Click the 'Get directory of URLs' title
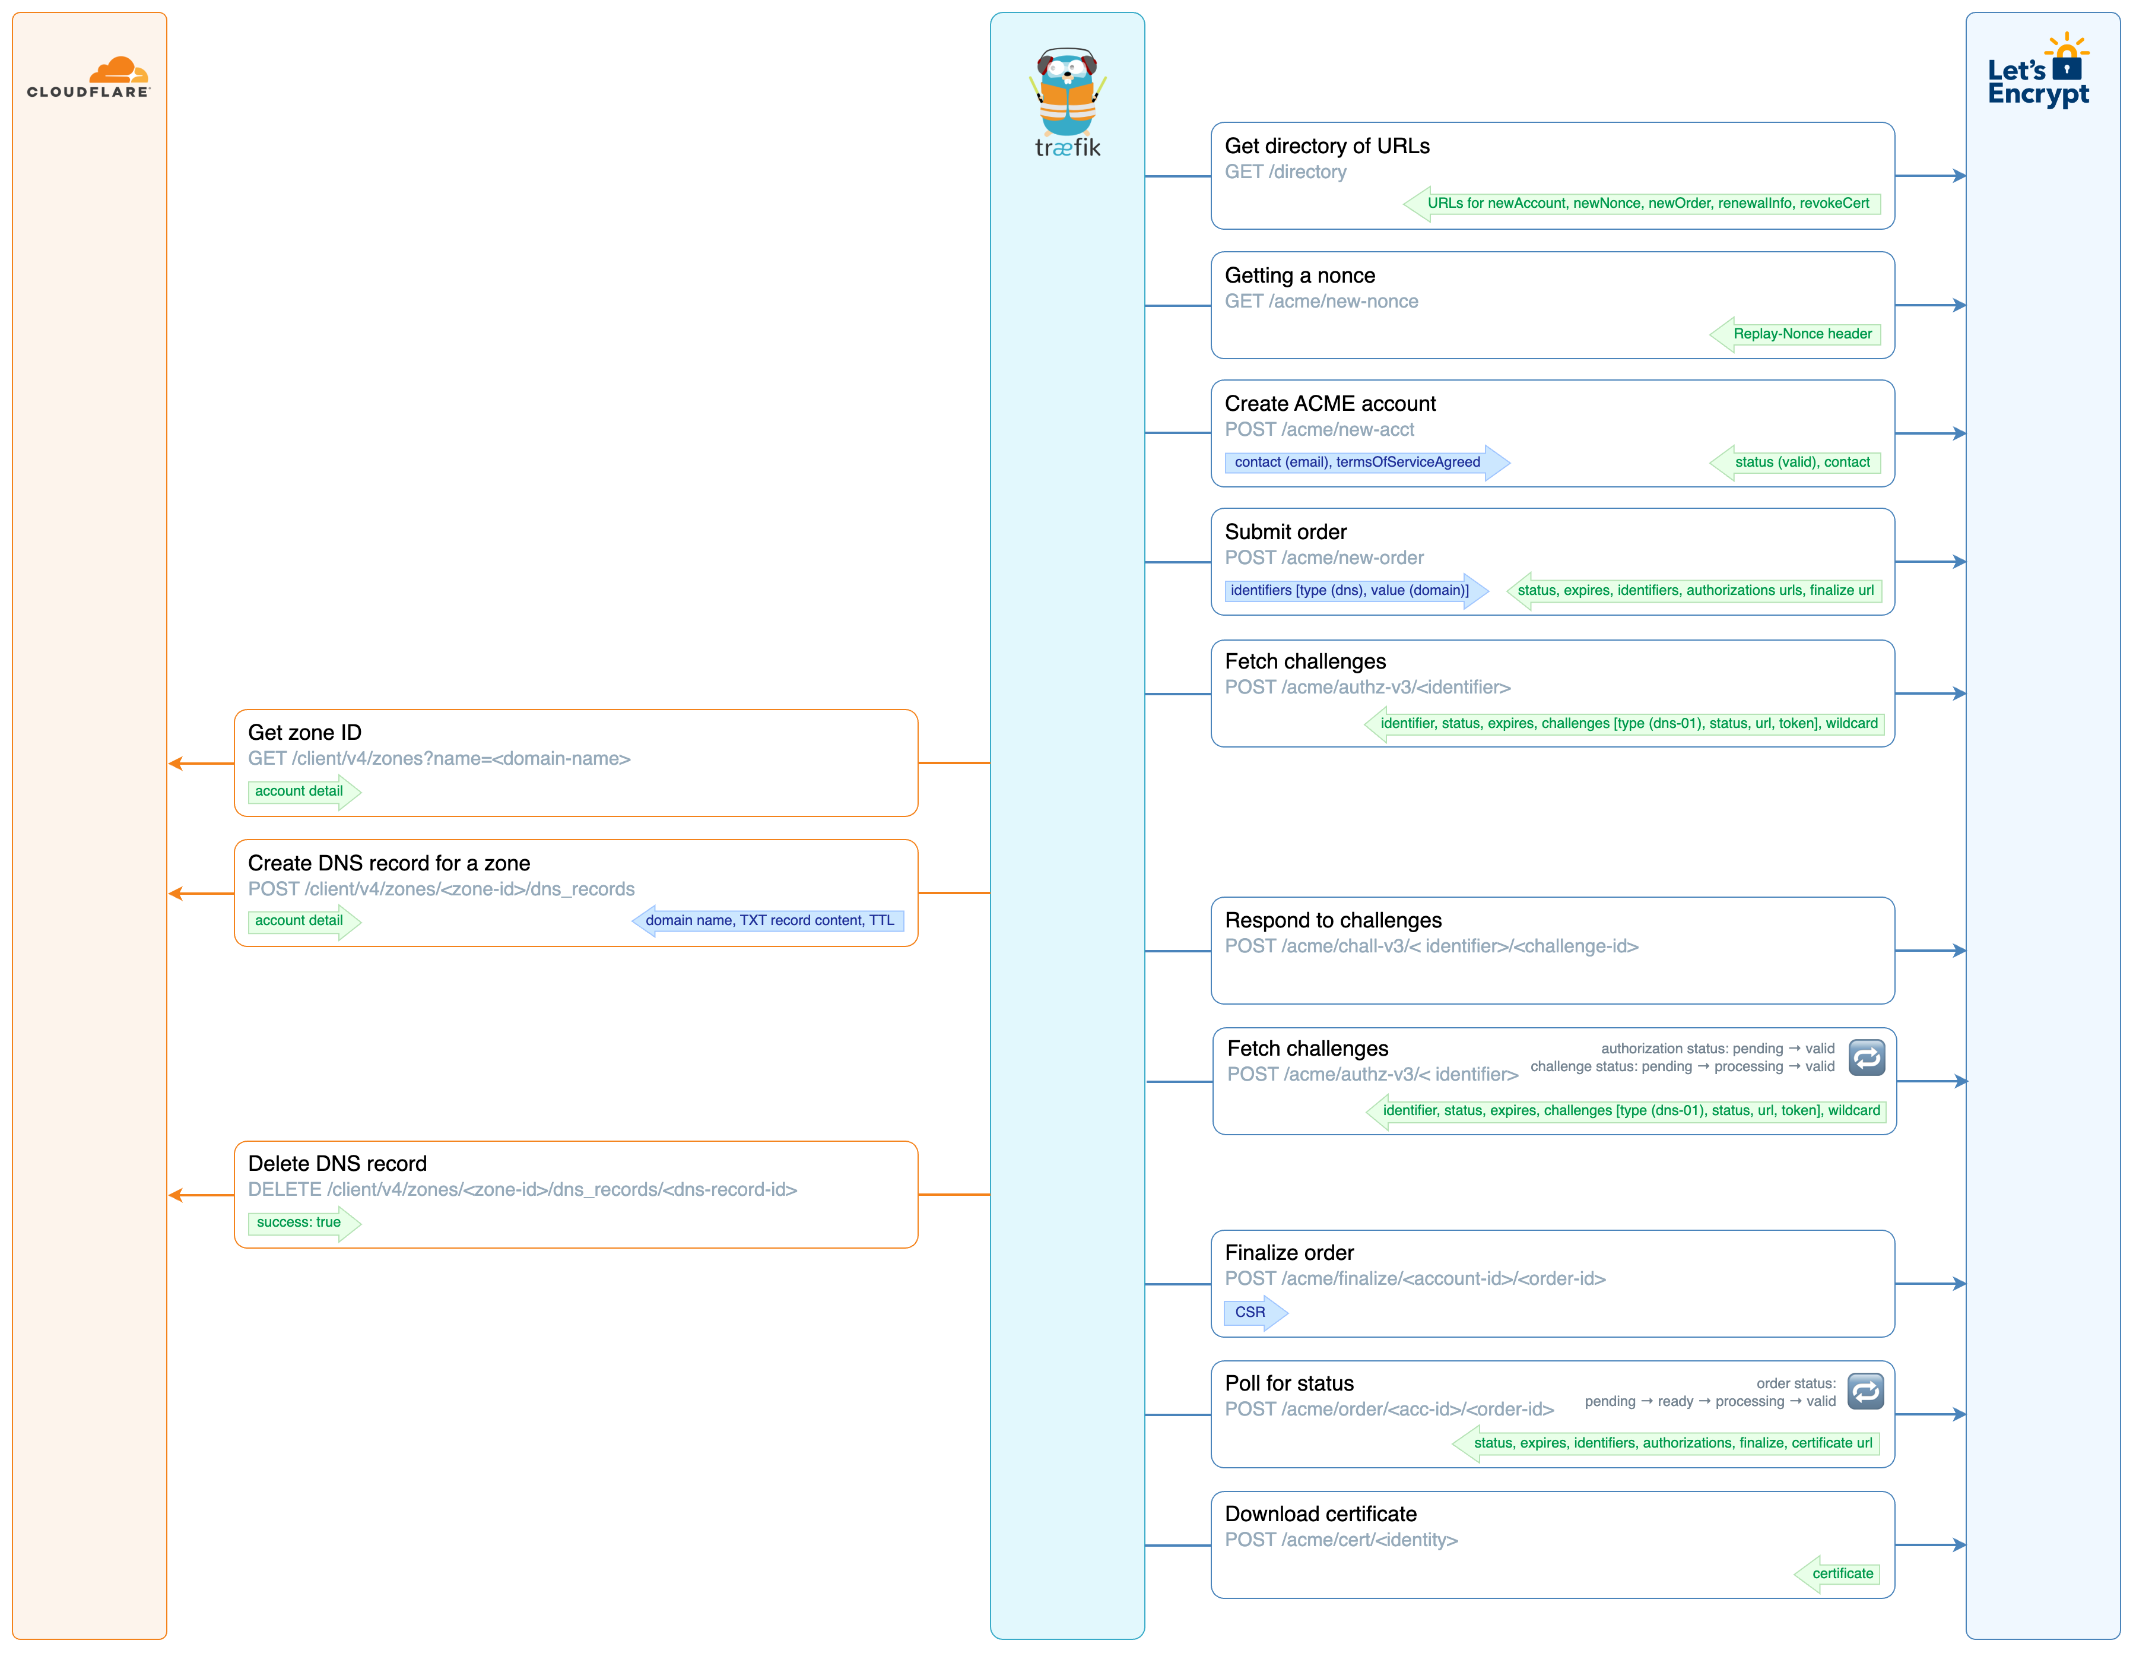[1326, 145]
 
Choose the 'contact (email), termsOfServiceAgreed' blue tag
[1357, 462]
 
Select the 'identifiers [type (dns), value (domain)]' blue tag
[1349, 590]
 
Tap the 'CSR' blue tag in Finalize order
[1249, 1312]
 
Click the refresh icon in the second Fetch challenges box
[1867, 1057]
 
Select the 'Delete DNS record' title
[337, 1164]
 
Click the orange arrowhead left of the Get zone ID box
[176, 763]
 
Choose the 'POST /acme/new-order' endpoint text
[1323, 558]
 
